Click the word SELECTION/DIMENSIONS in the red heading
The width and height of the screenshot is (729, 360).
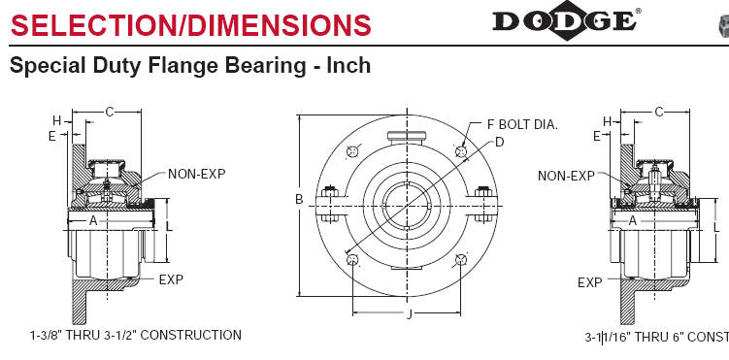click(x=191, y=25)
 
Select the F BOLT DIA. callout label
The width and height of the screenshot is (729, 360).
click(x=522, y=124)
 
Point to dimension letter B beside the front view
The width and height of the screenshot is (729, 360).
click(x=299, y=199)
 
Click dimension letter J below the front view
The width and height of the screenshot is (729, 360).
click(x=409, y=315)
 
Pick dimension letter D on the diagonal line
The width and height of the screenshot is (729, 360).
click(x=499, y=142)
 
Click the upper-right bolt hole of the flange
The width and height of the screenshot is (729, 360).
click(x=461, y=151)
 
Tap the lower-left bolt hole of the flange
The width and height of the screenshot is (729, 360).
click(x=353, y=260)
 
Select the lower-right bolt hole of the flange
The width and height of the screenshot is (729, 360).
click(x=461, y=260)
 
